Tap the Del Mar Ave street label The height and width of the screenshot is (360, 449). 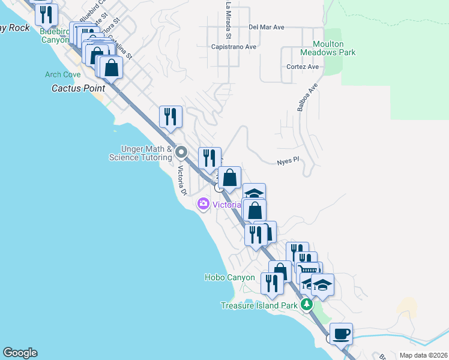coord(266,27)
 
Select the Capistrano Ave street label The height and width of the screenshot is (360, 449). coord(234,46)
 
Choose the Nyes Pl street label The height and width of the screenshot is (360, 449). coord(288,162)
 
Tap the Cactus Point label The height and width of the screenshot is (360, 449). coord(74,88)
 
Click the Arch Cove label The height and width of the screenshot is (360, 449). coord(62,74)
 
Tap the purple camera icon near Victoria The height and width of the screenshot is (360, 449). coord(203,205)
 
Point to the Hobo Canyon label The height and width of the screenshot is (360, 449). coord(229,277)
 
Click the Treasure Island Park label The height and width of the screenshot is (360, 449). coord(259,305)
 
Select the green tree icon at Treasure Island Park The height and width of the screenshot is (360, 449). coord(307,305)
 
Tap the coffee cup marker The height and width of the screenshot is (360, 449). coord(341,334)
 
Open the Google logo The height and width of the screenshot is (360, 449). coord(20,353)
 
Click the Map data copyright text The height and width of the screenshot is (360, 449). coord(423,355)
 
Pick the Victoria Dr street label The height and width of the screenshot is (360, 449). coord(181,180)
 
